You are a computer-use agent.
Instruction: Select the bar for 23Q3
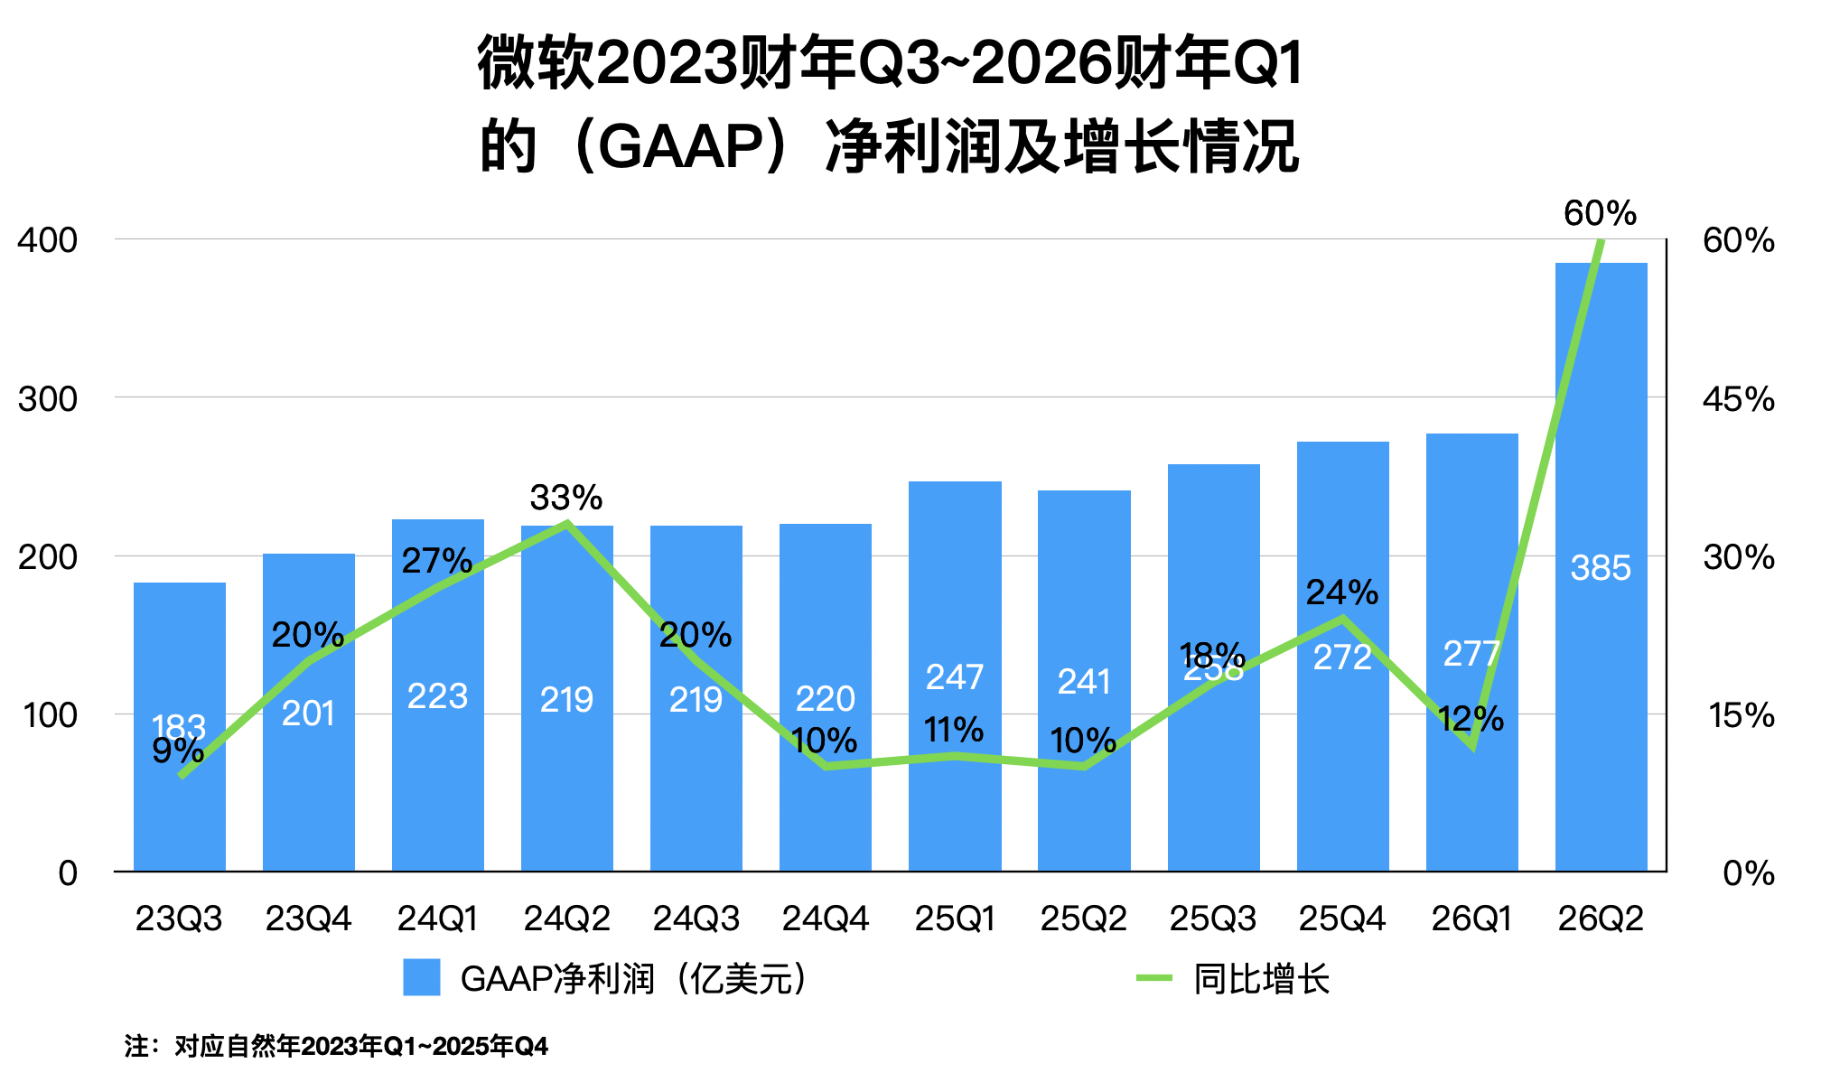pos(180,813)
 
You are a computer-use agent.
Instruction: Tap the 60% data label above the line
pos(1600,214)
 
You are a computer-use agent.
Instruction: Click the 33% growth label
pos(565,498)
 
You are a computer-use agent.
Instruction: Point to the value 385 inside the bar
pos(1600,568)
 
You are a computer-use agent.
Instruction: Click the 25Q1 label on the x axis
pos(954,919)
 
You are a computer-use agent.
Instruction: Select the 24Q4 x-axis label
pos(825,919)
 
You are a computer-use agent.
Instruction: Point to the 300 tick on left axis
pos(48,398)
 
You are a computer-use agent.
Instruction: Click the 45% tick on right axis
pos(1738,398)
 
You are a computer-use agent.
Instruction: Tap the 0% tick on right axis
pos(1748,873)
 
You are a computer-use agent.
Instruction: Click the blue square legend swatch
pos(421,978)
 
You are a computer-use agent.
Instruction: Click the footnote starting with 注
pos(336,1046)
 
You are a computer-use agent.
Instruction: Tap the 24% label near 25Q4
pos(1341,592)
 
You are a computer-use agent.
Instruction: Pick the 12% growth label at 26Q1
pos(1470,719)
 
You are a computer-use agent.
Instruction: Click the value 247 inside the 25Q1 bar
pos(954,676)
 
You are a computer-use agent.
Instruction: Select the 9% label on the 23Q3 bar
pos(177,751)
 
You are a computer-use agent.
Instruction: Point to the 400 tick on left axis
pos(48,240)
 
